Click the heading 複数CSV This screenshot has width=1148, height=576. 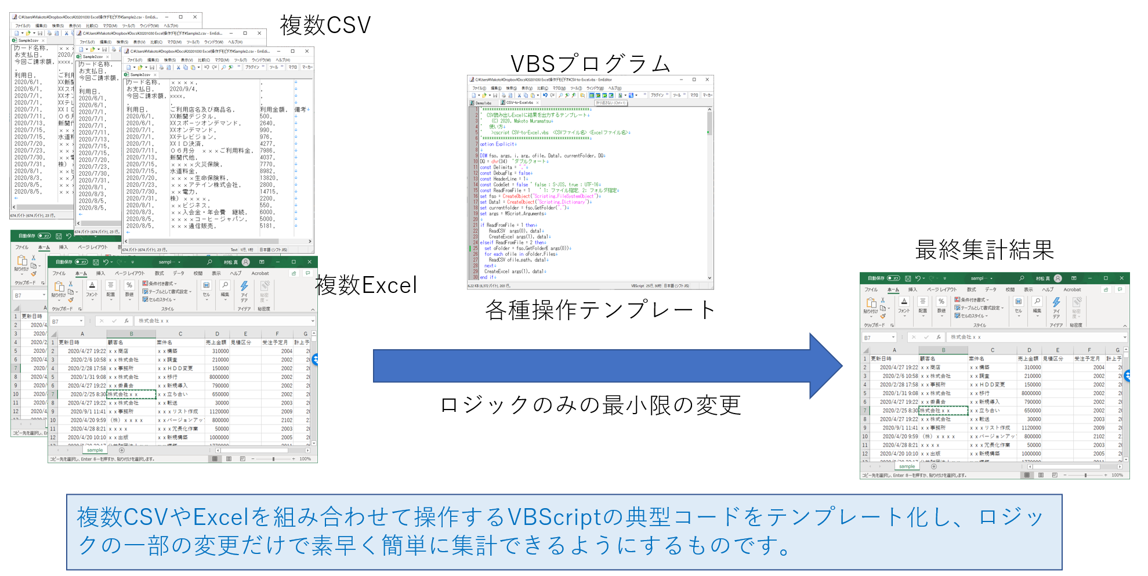pyautogui.click(x=325, y=26)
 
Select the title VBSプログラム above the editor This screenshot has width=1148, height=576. pyautogui.click(x=590, y=64)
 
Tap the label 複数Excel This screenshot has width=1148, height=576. pyautogui.click(x=366, y=285)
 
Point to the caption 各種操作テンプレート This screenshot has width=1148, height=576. pyautogui.click(x=600, y=310)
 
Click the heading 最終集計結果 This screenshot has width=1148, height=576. pyautogui.click(x=984, y=250)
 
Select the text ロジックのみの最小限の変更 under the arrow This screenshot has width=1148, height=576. pyautogui.click(x=591, y=405)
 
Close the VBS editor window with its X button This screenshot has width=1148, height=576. pyautogui.click(x=707, y=79)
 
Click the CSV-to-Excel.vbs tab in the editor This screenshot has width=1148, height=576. pyautogui.click(x=519, y=103)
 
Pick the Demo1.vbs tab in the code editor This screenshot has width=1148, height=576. pyautogui.click(x=483, y=103)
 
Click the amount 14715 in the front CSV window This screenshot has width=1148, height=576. pyautogui.click(x=268, y=191)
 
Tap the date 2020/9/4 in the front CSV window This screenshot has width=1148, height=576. pyautogui.click(x=183, y=89)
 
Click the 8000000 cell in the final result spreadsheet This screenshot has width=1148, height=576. pyautogui.click(x=1031, y=393)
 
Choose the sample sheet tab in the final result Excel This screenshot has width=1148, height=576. pyautogui.click(x=907, y=466)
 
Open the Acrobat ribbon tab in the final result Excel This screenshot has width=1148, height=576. pyautogui.click(x=1072, y=289)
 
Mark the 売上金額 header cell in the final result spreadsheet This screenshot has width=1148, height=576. pyautogui.click(x=1029, y=358)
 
